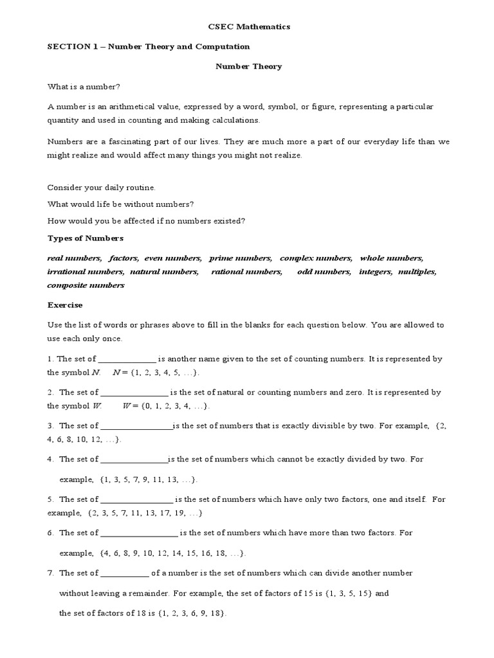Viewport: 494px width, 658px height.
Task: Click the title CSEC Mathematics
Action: coord(248,27)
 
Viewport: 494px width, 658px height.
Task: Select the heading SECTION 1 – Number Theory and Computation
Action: coord(149,47)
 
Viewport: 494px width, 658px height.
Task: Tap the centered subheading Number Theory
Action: coord(248,66)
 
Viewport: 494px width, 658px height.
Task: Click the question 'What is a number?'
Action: coord(80,87)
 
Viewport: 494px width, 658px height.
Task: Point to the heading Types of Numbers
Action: coord(85,238)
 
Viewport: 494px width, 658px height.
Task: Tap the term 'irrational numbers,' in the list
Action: coord(86,272)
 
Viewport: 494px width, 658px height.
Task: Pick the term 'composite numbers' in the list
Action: coord(86,285)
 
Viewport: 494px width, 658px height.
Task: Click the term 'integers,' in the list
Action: coord(375,272)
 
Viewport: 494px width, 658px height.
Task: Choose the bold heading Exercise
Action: coord(65,305)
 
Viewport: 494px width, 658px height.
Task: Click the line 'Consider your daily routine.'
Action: coord(102,188)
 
